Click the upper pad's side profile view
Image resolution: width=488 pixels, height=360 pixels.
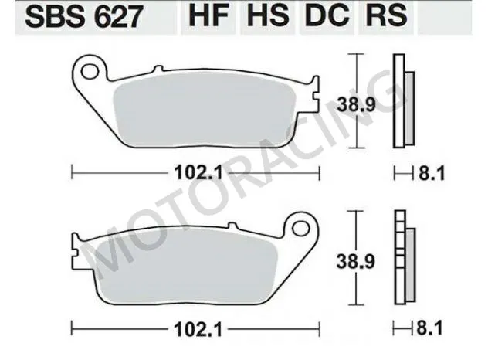pos(402,100)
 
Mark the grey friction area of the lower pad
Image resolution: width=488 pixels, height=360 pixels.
pos(185,267)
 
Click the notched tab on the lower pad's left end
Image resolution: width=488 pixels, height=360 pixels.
pos(75,249)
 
